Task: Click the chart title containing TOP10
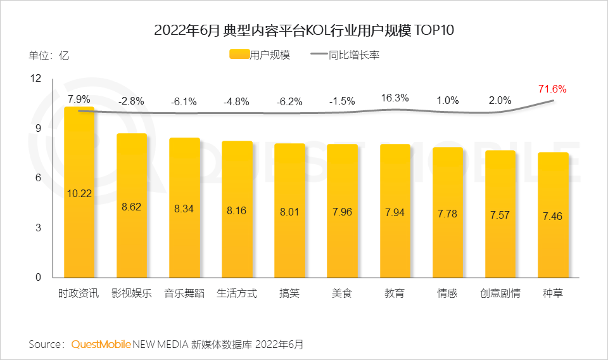304,30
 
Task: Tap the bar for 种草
552,215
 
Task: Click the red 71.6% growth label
552,89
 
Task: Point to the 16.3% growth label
395,98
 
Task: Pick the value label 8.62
132,207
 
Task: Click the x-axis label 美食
342,294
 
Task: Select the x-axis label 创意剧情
500,294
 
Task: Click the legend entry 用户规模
259,55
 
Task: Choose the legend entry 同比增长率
345,55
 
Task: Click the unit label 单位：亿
49,55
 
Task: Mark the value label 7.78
447,214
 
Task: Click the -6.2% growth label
289,101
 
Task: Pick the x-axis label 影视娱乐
132,294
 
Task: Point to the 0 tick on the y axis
37,278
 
